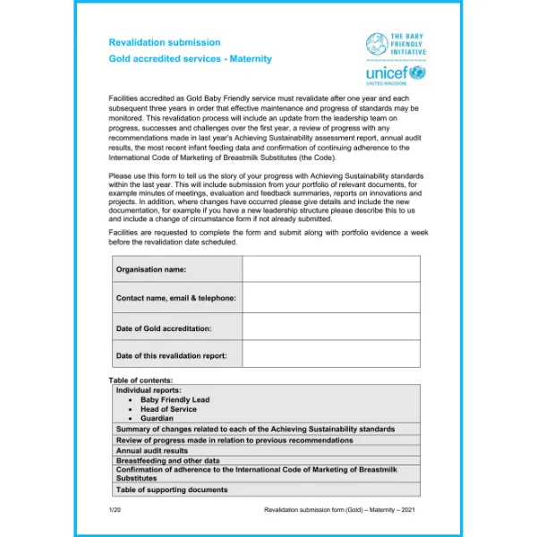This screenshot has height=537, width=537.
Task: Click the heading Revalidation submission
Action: (164, 42)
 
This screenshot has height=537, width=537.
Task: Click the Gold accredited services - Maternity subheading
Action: (190, 59)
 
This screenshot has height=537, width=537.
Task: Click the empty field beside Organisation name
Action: (331, 269)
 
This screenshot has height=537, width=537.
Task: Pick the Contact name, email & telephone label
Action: (176, 298)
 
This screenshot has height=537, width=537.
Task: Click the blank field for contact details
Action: (331, 298)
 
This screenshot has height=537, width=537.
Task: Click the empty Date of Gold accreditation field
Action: (331, 328)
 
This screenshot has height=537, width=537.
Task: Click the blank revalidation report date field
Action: (331, 355)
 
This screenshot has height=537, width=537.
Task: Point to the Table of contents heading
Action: (141, 380)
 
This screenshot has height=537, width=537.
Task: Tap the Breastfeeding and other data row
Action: (167, 461)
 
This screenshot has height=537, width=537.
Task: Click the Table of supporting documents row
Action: (172, 490)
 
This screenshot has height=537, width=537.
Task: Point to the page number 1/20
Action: (113, 509)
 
